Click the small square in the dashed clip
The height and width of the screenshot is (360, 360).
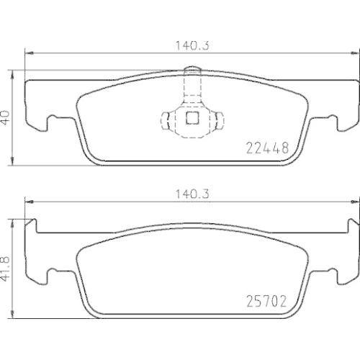(x=191, y=119)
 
